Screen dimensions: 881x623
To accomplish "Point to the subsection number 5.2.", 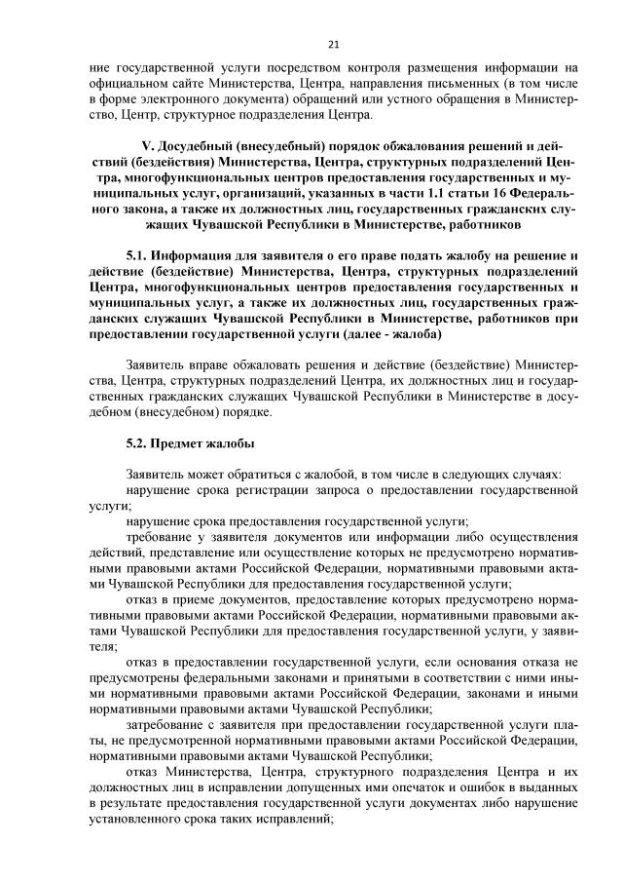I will [138, 443].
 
